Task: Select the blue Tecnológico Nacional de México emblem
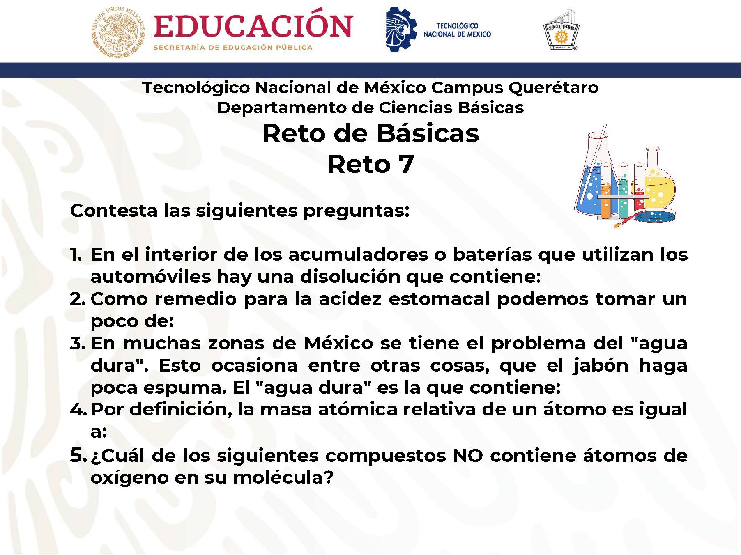click(401, 29)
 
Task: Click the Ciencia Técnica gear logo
click(561, 31)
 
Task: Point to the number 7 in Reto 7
click(405, 165)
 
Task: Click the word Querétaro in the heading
click(554, 88)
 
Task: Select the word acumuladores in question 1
click(358, 255)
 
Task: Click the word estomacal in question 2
click(439, 299)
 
